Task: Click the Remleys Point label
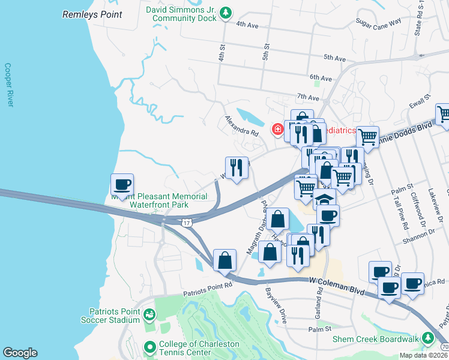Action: [92, 14]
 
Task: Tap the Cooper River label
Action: [8, 85]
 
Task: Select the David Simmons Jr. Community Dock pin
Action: [225, 12]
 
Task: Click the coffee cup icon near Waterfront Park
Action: [122, 184]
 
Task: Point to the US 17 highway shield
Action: [187, 222]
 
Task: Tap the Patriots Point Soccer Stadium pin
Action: [149, 314]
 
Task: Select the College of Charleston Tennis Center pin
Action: [149, 347]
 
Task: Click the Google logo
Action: [19, 352]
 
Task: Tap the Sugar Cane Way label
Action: [378, 22]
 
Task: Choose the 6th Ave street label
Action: [321, 78]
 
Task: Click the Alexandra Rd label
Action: [242, 125]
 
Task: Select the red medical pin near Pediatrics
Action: [278, 128]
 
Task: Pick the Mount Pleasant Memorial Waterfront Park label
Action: [158, 200]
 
